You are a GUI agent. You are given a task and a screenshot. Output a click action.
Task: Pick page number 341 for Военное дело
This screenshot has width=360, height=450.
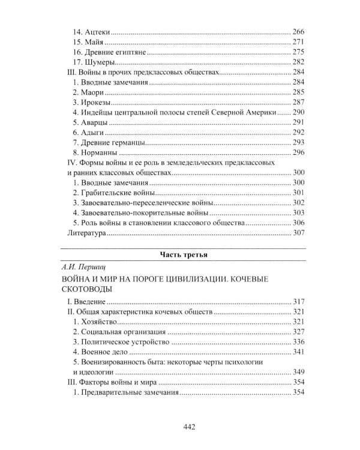point(299,352)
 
